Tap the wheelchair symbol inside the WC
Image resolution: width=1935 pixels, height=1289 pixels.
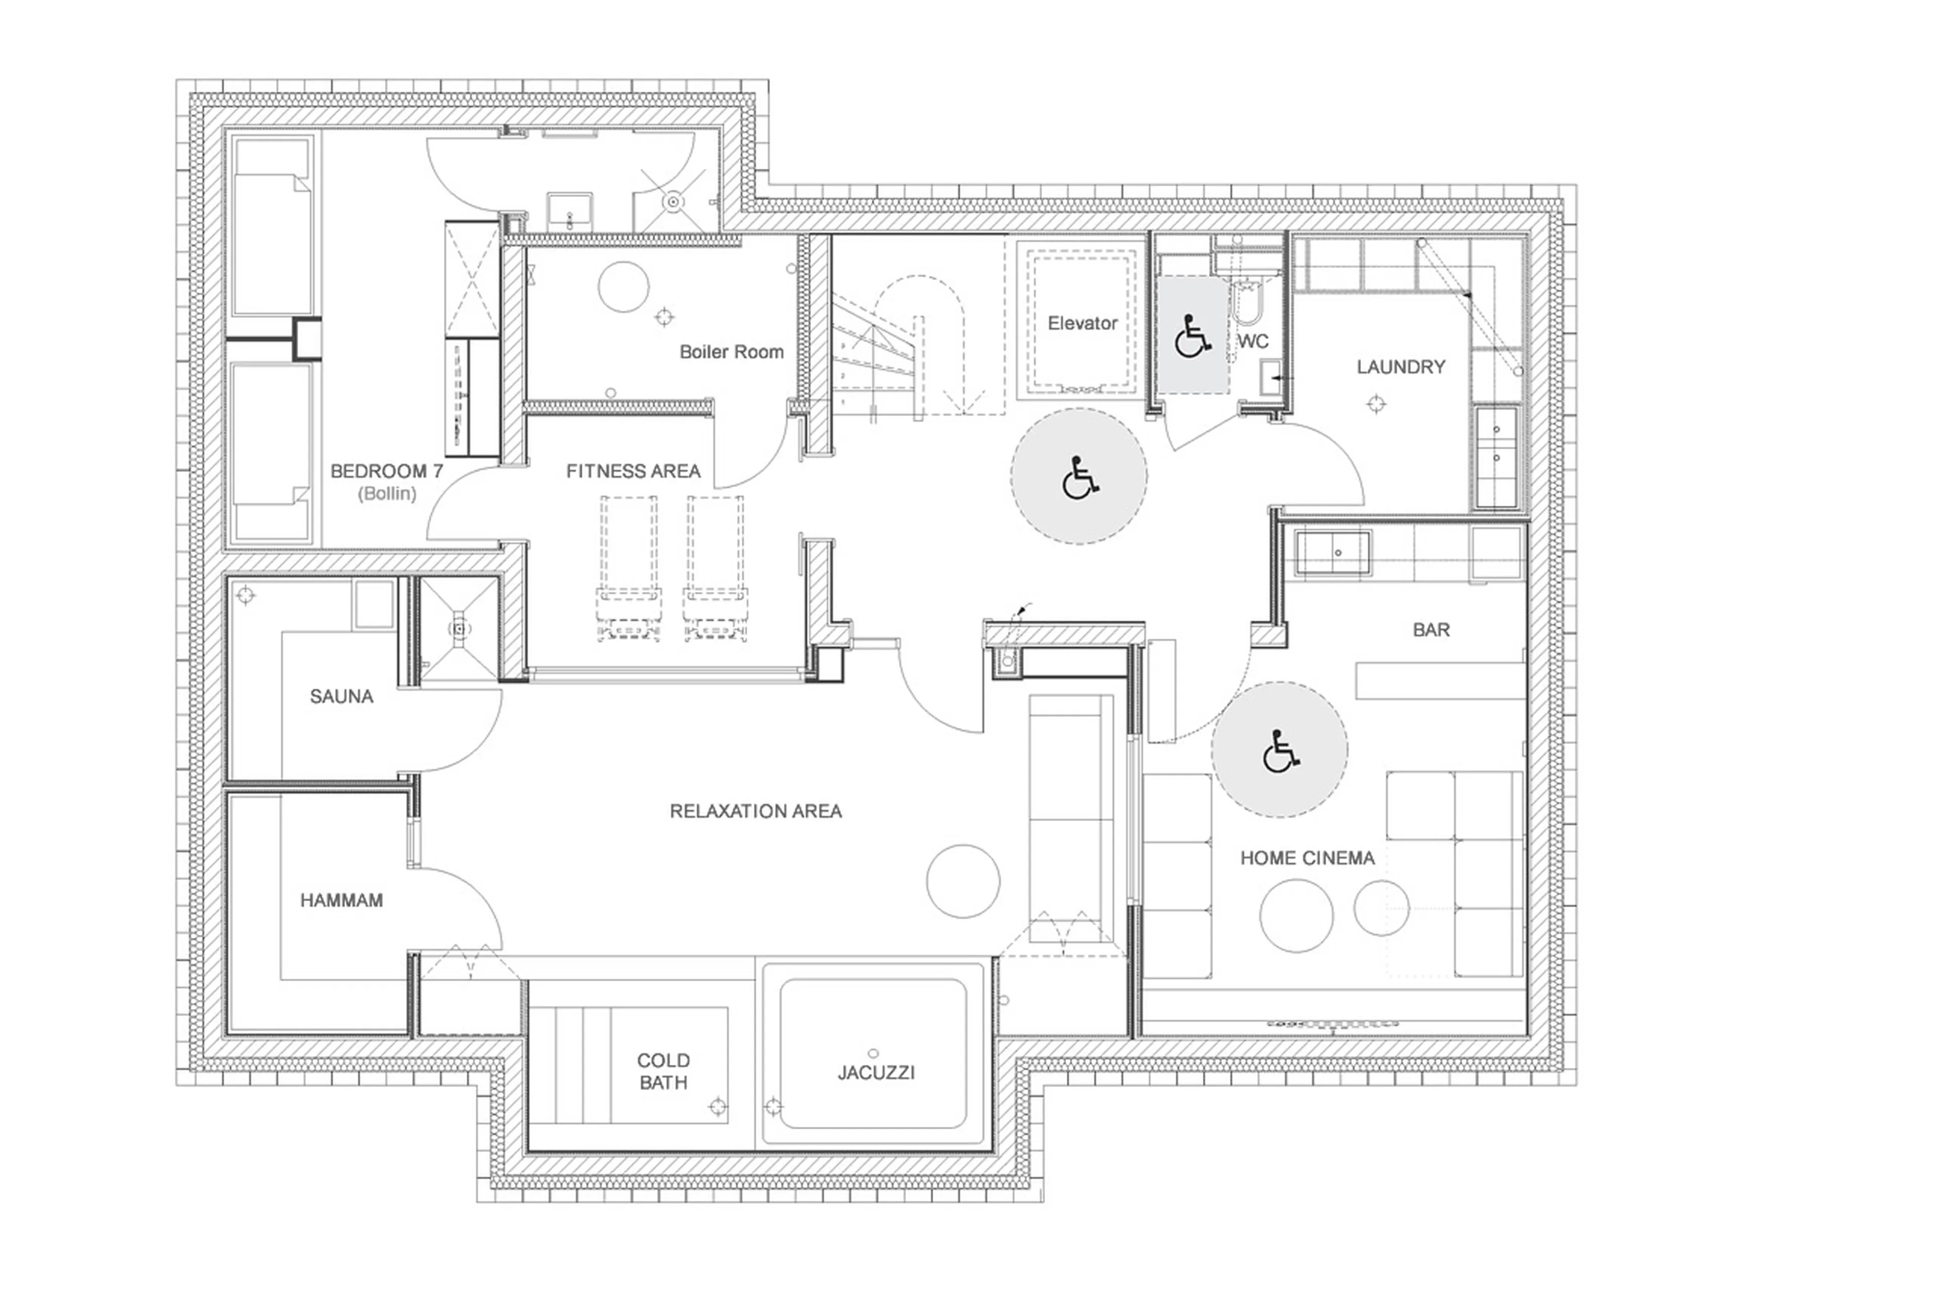click(x=1192, y=336)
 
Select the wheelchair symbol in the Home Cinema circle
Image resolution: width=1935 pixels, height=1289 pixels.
click(x=1279, y=752)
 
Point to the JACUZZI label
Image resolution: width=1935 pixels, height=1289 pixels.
click(x=876, y=1072)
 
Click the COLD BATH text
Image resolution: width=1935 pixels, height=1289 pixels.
click(x=663, y=1071)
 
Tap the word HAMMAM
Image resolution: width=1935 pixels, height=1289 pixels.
click(x=341, y=900)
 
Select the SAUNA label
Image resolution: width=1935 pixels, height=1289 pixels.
click(x=341, y=696)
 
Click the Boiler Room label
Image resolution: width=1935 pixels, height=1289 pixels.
click(x=731, y=352)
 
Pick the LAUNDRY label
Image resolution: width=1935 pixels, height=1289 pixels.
click(x=1400, y=367)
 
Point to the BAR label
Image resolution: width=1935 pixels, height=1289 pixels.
click(x=1431, y=630)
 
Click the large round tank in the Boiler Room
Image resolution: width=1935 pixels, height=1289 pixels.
click(x=623, y=286)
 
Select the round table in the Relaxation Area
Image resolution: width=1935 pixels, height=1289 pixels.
click(x=963, y=880)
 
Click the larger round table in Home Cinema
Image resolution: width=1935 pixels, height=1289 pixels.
click(x=1296, y=915)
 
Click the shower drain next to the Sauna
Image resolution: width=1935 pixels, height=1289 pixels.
click(x=460, y=629)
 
